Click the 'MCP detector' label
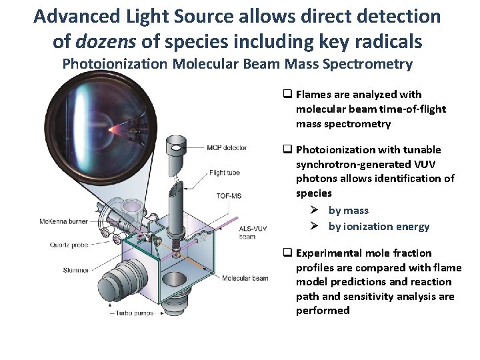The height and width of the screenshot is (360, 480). point(226,147)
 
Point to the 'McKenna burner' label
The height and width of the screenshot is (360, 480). point(63,221)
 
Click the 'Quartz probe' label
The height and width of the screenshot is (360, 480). point(69,245)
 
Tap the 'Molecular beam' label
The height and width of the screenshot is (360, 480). point(245,278)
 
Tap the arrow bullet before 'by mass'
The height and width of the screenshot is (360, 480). point(315,211)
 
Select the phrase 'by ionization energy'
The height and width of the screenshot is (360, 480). point(379,226)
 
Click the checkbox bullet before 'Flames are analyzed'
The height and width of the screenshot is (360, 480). point(288,95)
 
